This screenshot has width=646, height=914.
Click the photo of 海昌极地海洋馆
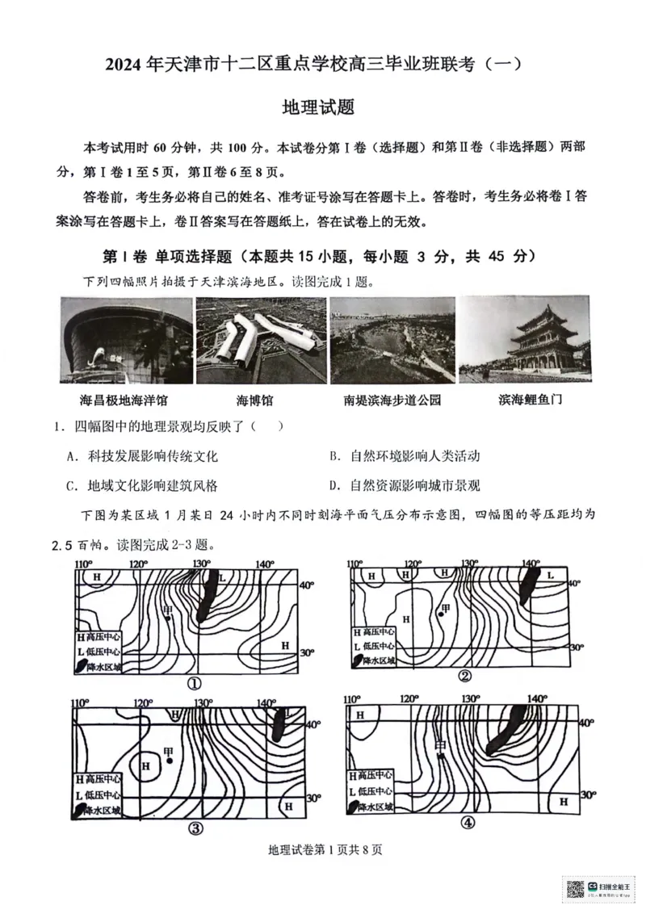(126, 340)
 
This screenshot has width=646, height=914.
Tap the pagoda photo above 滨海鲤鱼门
(523, 340)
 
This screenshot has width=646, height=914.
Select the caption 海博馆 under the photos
(254, 400)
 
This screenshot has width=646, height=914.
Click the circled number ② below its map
(465, 676)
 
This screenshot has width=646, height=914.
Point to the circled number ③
(195, 828)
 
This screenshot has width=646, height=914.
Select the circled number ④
(468, 824)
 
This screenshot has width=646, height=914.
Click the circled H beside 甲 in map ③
(147, 764)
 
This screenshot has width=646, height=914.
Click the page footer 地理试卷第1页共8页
(323, 849)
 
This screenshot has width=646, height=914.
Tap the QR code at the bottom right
(574, 890)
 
